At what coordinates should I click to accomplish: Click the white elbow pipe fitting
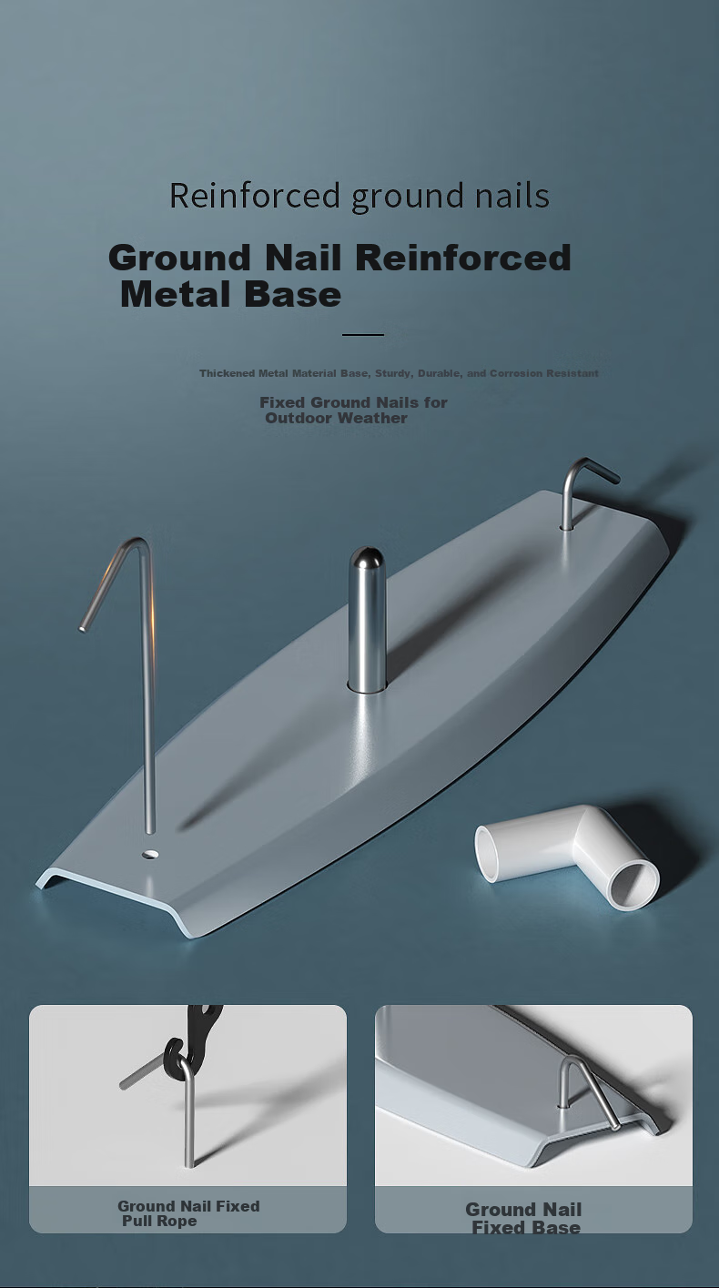(566, 857)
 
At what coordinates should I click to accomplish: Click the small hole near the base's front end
(150, 854)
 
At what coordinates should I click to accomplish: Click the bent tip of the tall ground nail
(84, 628)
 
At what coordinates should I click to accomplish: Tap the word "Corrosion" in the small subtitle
(515, 373)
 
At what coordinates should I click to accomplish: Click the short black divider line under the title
(362, 334)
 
